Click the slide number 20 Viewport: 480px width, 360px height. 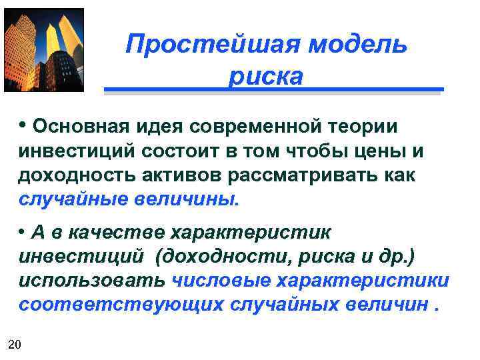click(15, 344)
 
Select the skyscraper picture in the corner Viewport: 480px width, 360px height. click(44, 50)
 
